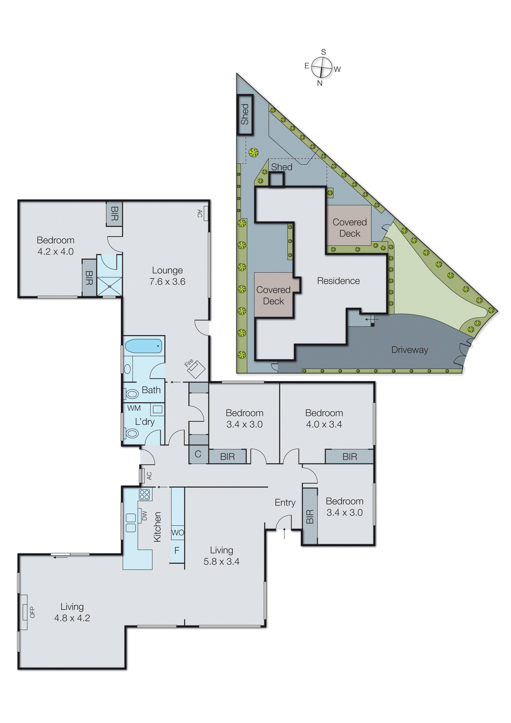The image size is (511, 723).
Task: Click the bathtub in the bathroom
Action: (x=144, y=346)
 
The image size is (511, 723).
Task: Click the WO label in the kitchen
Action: (x=178, y=533)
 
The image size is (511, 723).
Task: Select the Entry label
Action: (x=285, y=502)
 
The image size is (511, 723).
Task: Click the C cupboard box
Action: (x=198, y=454)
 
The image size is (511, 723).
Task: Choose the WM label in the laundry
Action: (x=134, y=408)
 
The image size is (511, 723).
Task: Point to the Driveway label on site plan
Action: (x=409, y=350)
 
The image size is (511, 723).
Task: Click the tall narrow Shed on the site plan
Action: (x=245, y=115)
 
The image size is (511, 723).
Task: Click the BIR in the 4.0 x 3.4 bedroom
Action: (x=349, y=457)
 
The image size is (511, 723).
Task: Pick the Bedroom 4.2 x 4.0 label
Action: (x=56, y=246)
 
